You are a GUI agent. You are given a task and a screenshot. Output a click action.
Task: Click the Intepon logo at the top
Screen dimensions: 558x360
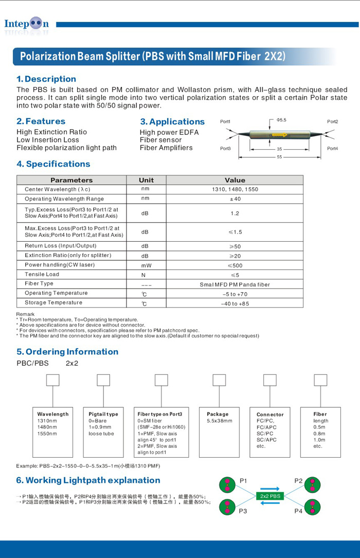tap(27, 24)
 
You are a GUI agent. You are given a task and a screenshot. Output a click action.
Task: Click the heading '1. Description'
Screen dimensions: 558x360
tap(46, 79)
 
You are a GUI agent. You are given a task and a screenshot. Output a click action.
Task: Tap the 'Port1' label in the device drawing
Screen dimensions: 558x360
tap(225, 122)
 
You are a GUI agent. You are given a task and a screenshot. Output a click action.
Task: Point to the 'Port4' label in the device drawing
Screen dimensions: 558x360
tap(333, 149)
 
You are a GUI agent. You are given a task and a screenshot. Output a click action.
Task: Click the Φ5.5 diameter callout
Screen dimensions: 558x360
tap(281, 120)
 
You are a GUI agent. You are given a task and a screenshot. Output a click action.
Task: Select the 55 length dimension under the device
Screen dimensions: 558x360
tap(279, 157)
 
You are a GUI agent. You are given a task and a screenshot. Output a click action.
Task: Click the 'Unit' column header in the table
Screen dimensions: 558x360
tap(146, 180)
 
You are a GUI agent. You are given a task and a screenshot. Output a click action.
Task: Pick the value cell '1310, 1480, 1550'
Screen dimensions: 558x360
tap(235, 189)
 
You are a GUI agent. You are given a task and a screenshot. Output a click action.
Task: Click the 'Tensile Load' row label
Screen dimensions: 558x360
tap(42, 275)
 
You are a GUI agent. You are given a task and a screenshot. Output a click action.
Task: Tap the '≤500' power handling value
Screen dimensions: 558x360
tap(235, 265)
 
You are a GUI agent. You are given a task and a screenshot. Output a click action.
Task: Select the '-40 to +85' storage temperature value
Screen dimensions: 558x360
tap(235, 303)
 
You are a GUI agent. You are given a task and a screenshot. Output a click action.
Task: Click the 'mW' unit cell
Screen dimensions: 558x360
tap(146, 265)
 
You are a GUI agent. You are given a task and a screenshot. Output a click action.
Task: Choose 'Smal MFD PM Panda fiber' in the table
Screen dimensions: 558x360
tap(235, 284)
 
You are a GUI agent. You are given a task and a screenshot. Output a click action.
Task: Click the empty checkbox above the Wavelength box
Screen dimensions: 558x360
tap(53, 380)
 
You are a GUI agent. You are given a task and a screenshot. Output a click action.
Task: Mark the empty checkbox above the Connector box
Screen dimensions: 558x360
tap(270, 380)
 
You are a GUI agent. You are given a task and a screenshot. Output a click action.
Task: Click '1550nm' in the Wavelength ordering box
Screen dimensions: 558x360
tap(47, 434)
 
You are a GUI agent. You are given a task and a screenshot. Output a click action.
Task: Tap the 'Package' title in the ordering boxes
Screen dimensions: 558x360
tap(218, 414)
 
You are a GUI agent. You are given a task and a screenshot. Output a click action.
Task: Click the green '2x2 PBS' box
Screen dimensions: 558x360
tap(270, 496)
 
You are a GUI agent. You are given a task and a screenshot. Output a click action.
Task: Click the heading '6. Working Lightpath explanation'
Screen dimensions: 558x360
tap(88, 480)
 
